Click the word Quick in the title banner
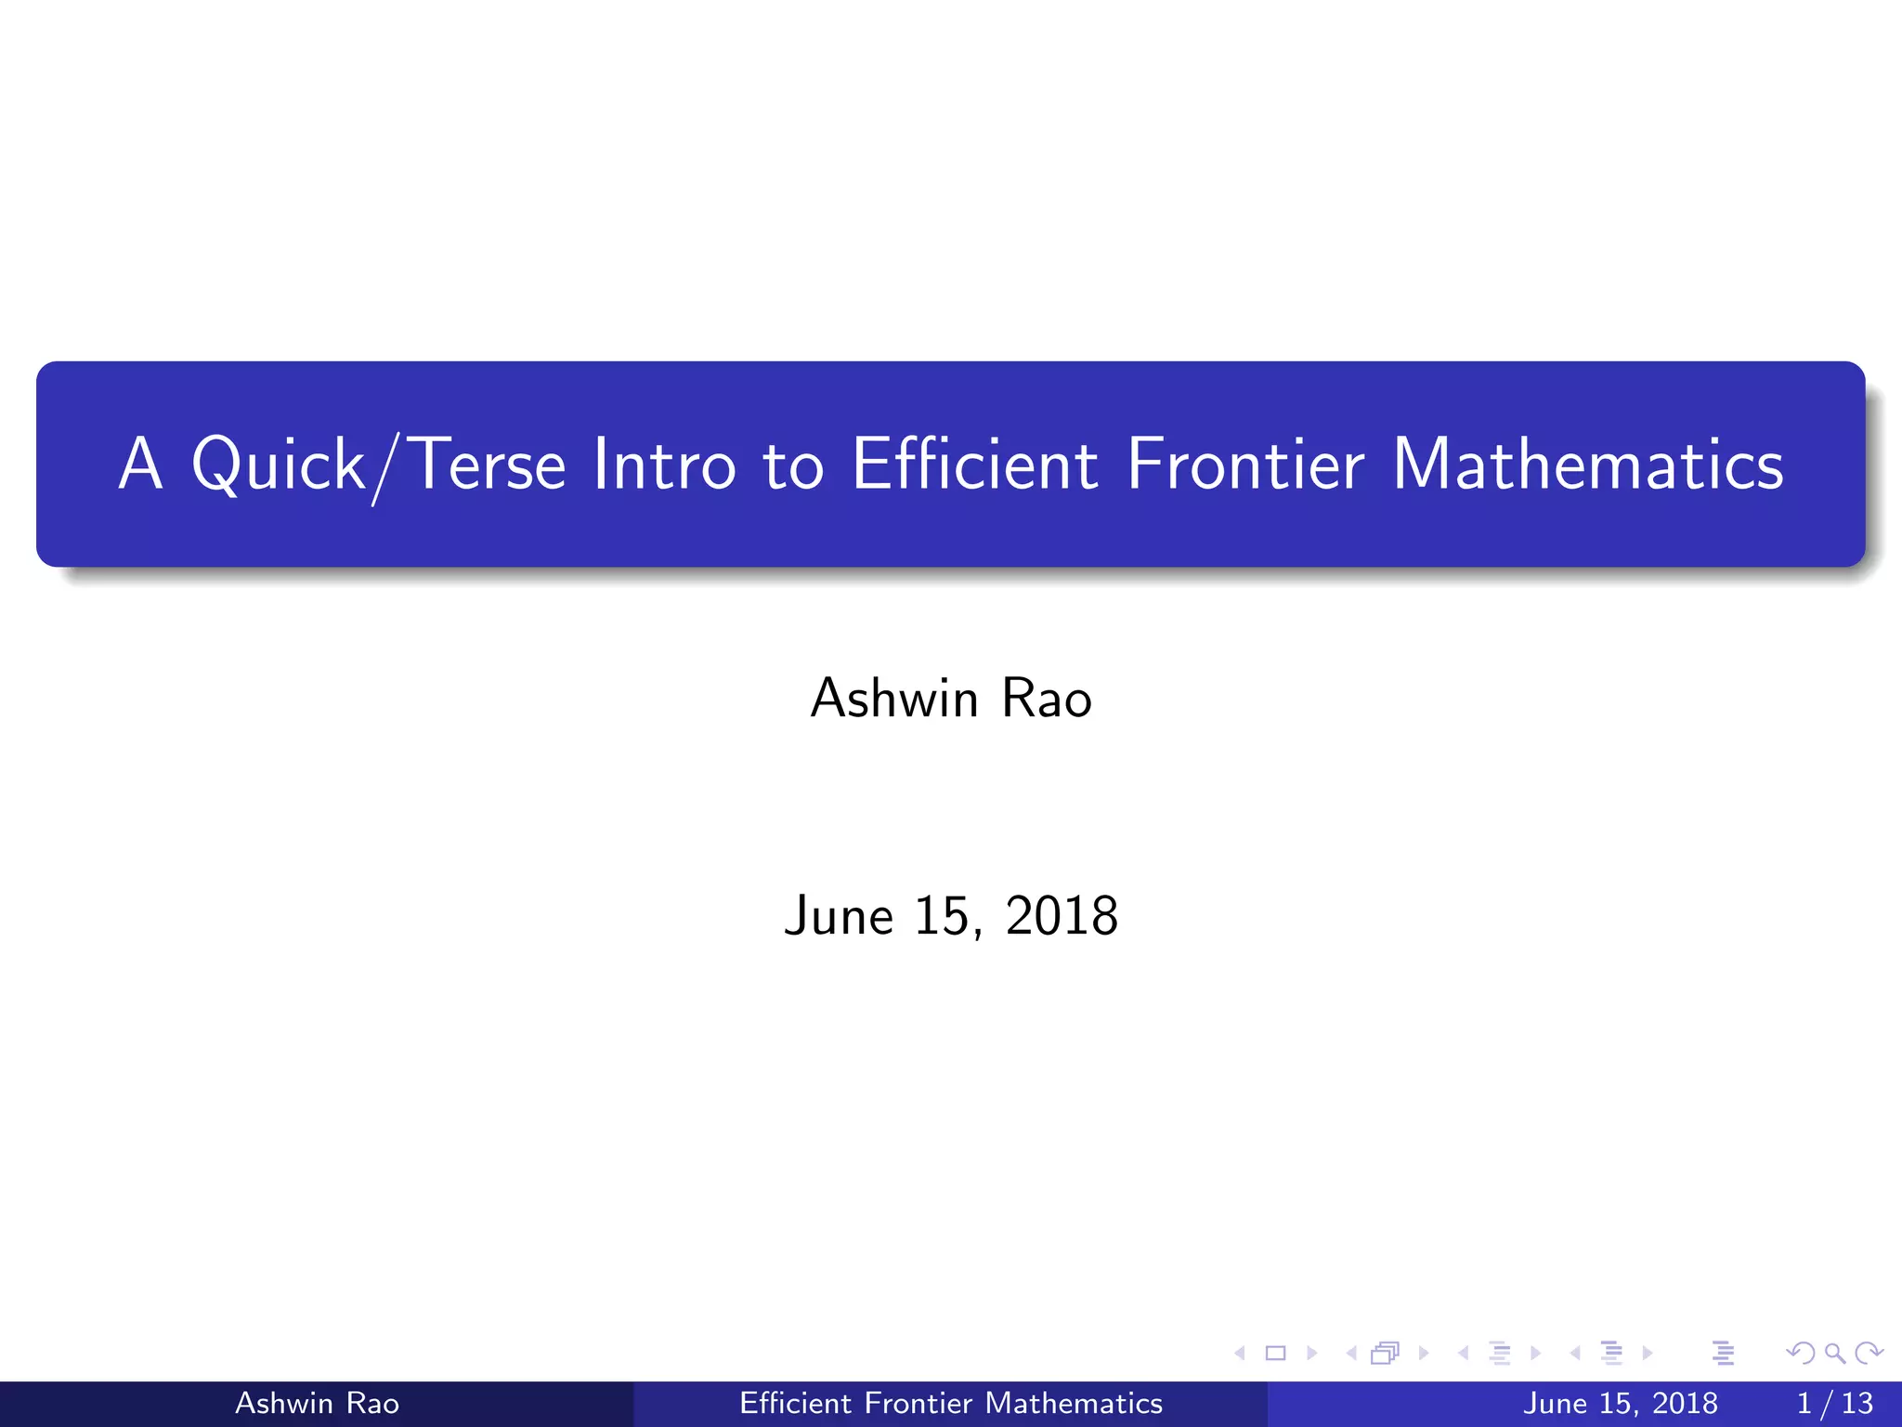point(278,464)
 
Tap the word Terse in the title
point(487,464)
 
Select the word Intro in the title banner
point(664,464)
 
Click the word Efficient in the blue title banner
point(974,464)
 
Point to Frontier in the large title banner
point(1245,464)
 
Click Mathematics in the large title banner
point(1587,464)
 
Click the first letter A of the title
point(141,464)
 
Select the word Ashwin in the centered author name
point(894,698)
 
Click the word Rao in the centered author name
point(1047,698)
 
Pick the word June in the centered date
point(838,916)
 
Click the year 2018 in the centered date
point(1062,916)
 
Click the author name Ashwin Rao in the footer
point(317,1403)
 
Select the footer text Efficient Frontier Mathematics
point(950,1403)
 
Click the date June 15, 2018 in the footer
point(1620,1403)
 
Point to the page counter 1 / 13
point(1834,1403)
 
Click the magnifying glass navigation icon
point(1834,1353)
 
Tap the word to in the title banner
point(793,464)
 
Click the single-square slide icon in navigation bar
point(1276,1353)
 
